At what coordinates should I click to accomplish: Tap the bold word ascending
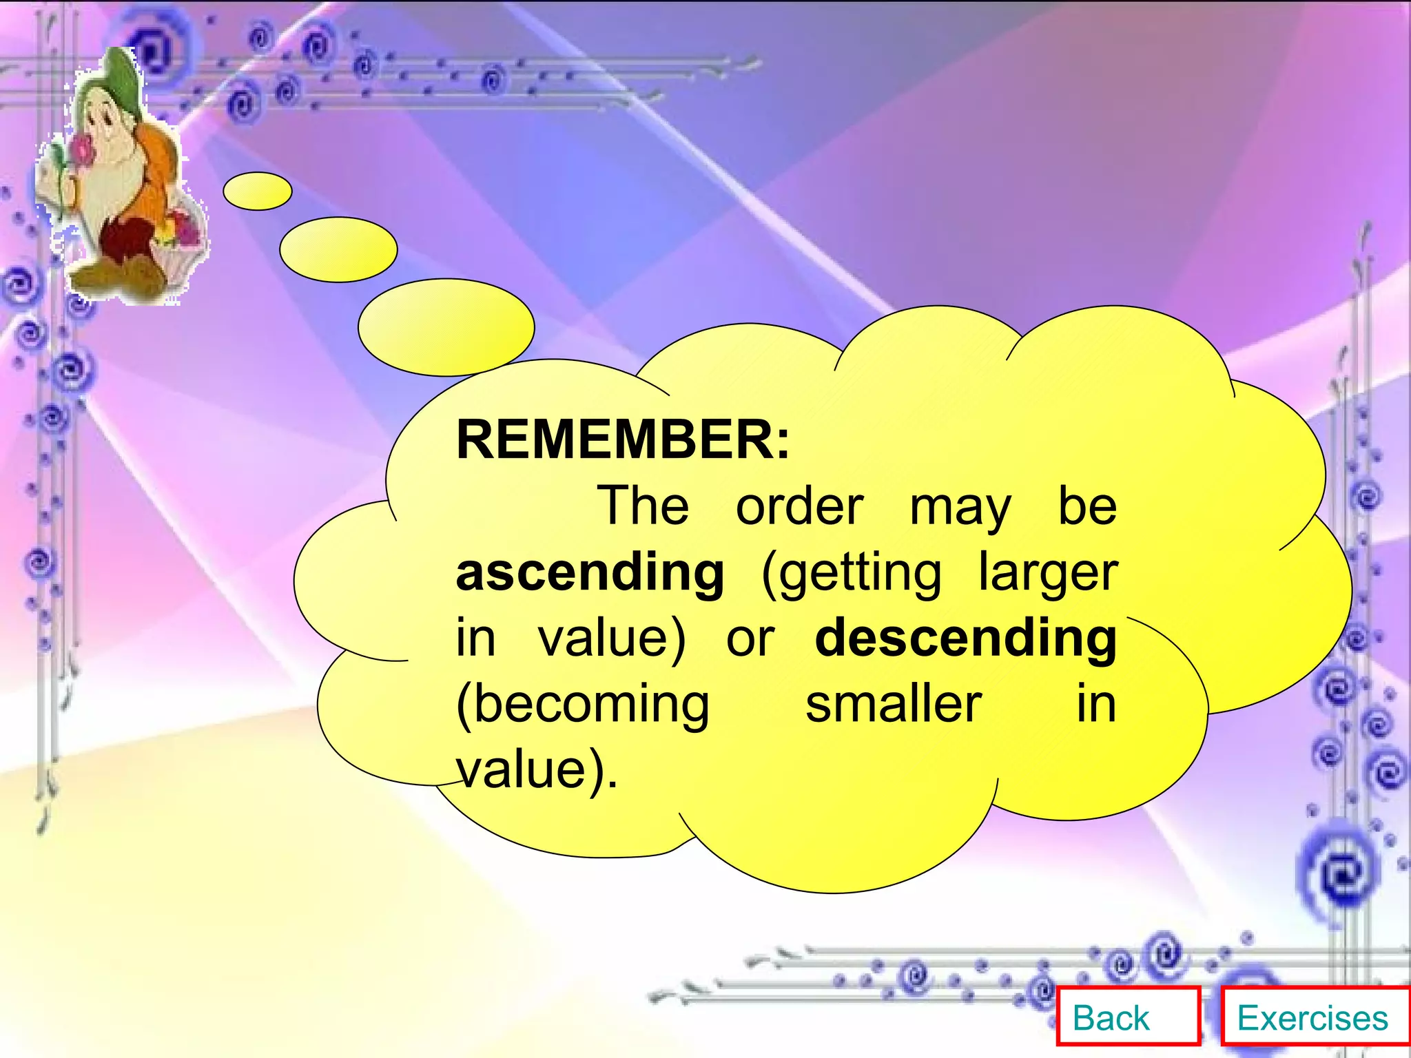pos(590,573)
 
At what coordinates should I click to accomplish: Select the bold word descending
pos(965,639)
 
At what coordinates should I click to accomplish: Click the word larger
pos(1048,573)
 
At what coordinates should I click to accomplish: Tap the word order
pos(799,507)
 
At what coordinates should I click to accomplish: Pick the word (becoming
pos(583,705)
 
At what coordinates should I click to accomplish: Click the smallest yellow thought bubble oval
pos(258,191)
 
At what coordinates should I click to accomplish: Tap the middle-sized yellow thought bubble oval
pos(338,249)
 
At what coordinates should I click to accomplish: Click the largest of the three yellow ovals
pos(446,327)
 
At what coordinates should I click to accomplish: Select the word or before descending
pos(750,640)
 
